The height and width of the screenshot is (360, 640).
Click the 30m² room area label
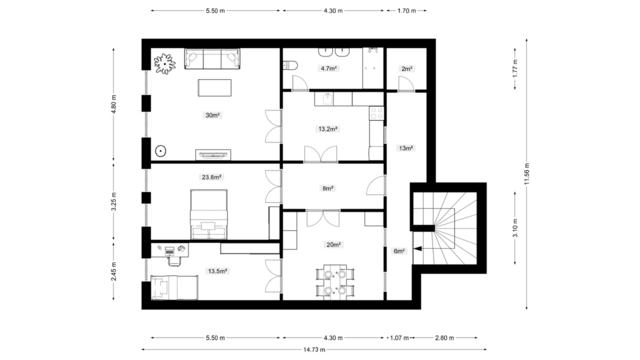point(212,116)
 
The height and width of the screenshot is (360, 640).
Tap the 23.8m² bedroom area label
point(211,177)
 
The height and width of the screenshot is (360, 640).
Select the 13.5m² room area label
point(218,271)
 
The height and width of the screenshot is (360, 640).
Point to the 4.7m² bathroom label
point(329,69)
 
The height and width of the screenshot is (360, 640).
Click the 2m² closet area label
point(407,69)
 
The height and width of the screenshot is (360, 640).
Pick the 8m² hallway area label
point(328,189)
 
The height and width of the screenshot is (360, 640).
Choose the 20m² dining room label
point(333,245)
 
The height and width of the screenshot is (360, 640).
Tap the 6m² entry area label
point(399,251)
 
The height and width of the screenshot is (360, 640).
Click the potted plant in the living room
point(164,64)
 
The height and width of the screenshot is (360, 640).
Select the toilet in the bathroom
point(290,65)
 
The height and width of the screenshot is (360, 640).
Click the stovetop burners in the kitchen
point(376,113)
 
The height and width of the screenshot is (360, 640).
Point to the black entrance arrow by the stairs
point(418,249)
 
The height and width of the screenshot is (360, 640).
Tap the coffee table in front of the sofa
point(215,88)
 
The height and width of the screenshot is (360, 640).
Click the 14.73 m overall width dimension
point(314,349)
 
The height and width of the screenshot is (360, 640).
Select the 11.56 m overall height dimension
point(527,174)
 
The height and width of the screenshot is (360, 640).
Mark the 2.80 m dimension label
point(444,338)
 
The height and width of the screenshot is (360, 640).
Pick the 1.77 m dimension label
point(515,69)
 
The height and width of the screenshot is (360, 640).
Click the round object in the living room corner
point(161,151)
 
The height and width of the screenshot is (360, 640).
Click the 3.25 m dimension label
point(114,202)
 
